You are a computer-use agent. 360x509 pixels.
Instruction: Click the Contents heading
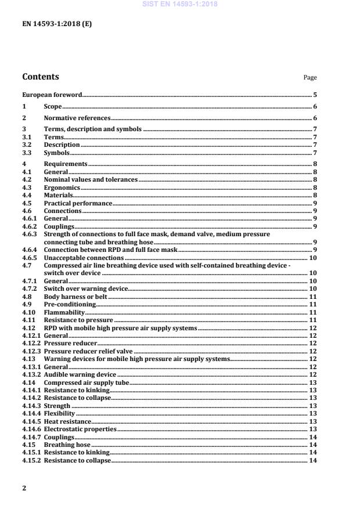(40, 77)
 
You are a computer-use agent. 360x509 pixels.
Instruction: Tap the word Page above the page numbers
(310, 78)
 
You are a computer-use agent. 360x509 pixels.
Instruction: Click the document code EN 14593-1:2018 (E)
(57, 24)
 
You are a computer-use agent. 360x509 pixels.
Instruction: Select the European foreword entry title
(52, 94)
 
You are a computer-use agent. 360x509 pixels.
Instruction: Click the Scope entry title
(53, 107)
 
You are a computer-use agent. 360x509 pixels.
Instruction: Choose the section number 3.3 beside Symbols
(27, 153)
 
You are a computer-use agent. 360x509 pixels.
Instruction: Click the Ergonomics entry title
(62, 188)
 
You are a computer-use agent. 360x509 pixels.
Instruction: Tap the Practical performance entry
(78, 204)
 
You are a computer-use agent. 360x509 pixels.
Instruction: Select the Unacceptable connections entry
(84, 257)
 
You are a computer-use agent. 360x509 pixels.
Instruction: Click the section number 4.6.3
(29, 234)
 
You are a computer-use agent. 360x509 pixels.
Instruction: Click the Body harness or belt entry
(75, 297)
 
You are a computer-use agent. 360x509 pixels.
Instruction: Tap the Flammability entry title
(63, 312)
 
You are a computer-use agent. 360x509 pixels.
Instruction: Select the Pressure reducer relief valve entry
(88, 351)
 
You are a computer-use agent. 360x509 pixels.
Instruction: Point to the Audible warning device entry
(80, 375)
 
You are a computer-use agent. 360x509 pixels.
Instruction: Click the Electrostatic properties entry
(80, 429)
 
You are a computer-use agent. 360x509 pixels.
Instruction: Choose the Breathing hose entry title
(66, 445)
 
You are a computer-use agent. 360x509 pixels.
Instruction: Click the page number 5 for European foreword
(315, 94)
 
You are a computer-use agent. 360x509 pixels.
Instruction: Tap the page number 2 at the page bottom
(24, 488)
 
